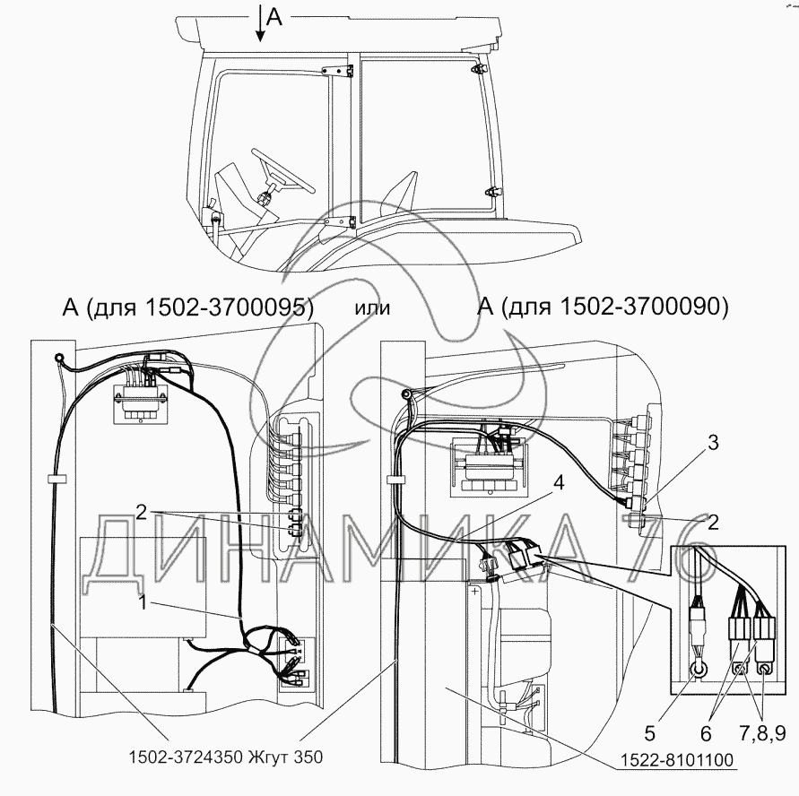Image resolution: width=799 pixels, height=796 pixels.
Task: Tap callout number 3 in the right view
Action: pyautogui.click(x=712, y=442)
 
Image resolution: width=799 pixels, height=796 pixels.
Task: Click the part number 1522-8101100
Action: pyautogui.click(x=674, y=761)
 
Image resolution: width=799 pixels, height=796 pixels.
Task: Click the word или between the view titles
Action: pyautogui.click(x=372, y=307)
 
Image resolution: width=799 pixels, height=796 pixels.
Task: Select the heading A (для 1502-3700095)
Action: pyautogui.click(x=187, y=307)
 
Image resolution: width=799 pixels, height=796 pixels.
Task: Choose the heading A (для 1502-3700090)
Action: pyautogui.click(x=604, y=307)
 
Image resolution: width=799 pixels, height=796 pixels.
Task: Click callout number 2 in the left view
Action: pyautogui.click(x=142, y=512)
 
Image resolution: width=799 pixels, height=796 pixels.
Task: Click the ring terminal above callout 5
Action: pyautogui.click(x=696, y=668)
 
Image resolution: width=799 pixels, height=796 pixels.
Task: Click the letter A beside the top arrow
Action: pyautogui.click(x=274, y=18)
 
